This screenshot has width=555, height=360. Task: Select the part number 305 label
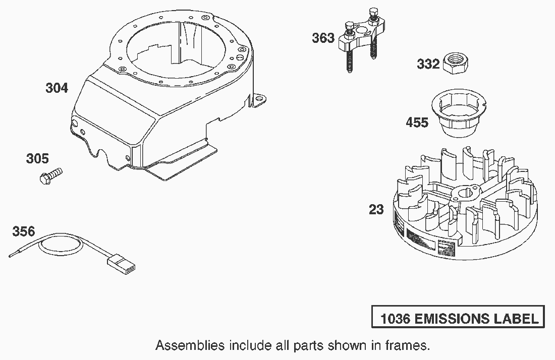(x=37, y=159)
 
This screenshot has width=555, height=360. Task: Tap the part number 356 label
(x=24, y=231)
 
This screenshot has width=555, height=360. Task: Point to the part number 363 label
(x=323, y=38)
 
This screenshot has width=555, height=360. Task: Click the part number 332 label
(x=428, y=65)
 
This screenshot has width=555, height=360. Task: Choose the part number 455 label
(x=417, y=123)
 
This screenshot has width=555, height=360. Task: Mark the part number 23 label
(x=376, y=209)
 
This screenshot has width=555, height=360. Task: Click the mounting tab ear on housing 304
(x=259, y=100)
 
